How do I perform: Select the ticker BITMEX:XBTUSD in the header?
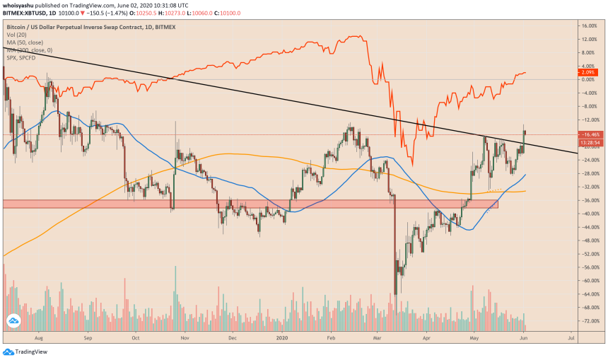click(x=28, y=13)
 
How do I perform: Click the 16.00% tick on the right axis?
click(x=589, y=26)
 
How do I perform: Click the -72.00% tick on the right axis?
click(x=588, y=320)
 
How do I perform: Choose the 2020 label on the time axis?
click(x=282, y=339)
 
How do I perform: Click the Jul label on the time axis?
click(x=571, y=339)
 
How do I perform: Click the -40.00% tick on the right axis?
click(x=588, y=214)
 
